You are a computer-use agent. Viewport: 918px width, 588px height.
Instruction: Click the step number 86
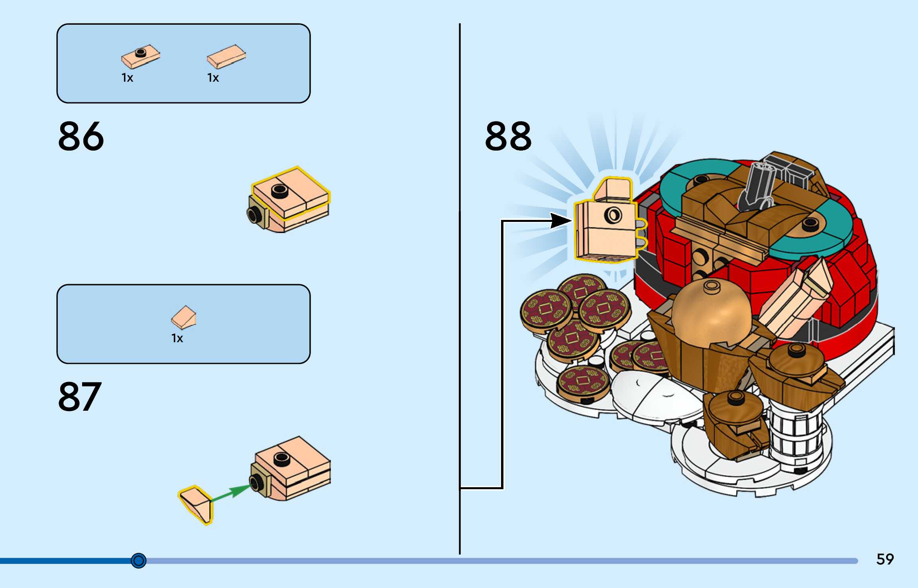coord(81,136)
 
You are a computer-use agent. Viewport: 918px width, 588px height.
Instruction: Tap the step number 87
coord(80,396)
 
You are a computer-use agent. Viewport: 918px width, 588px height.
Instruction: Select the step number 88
coord(508,136)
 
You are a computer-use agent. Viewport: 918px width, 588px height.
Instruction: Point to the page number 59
coord(885,559)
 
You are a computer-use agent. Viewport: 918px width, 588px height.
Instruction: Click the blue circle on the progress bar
coord(139,561)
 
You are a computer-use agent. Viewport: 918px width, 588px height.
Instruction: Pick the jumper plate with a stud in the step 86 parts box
coord(141,57)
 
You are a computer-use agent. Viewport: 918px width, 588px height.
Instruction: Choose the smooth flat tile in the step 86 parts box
coord(226,57)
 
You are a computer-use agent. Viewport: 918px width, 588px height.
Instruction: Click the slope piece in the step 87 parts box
coord(184,317)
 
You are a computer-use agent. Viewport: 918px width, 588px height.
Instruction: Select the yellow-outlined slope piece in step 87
coord(196,504)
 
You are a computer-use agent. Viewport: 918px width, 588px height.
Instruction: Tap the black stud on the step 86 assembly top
coord(280,191)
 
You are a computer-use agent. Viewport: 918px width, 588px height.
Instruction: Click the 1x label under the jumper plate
coord(127,78)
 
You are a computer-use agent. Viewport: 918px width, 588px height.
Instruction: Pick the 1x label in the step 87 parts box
coord(177,338)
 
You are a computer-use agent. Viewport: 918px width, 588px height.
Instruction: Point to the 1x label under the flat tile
coord(213,78)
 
